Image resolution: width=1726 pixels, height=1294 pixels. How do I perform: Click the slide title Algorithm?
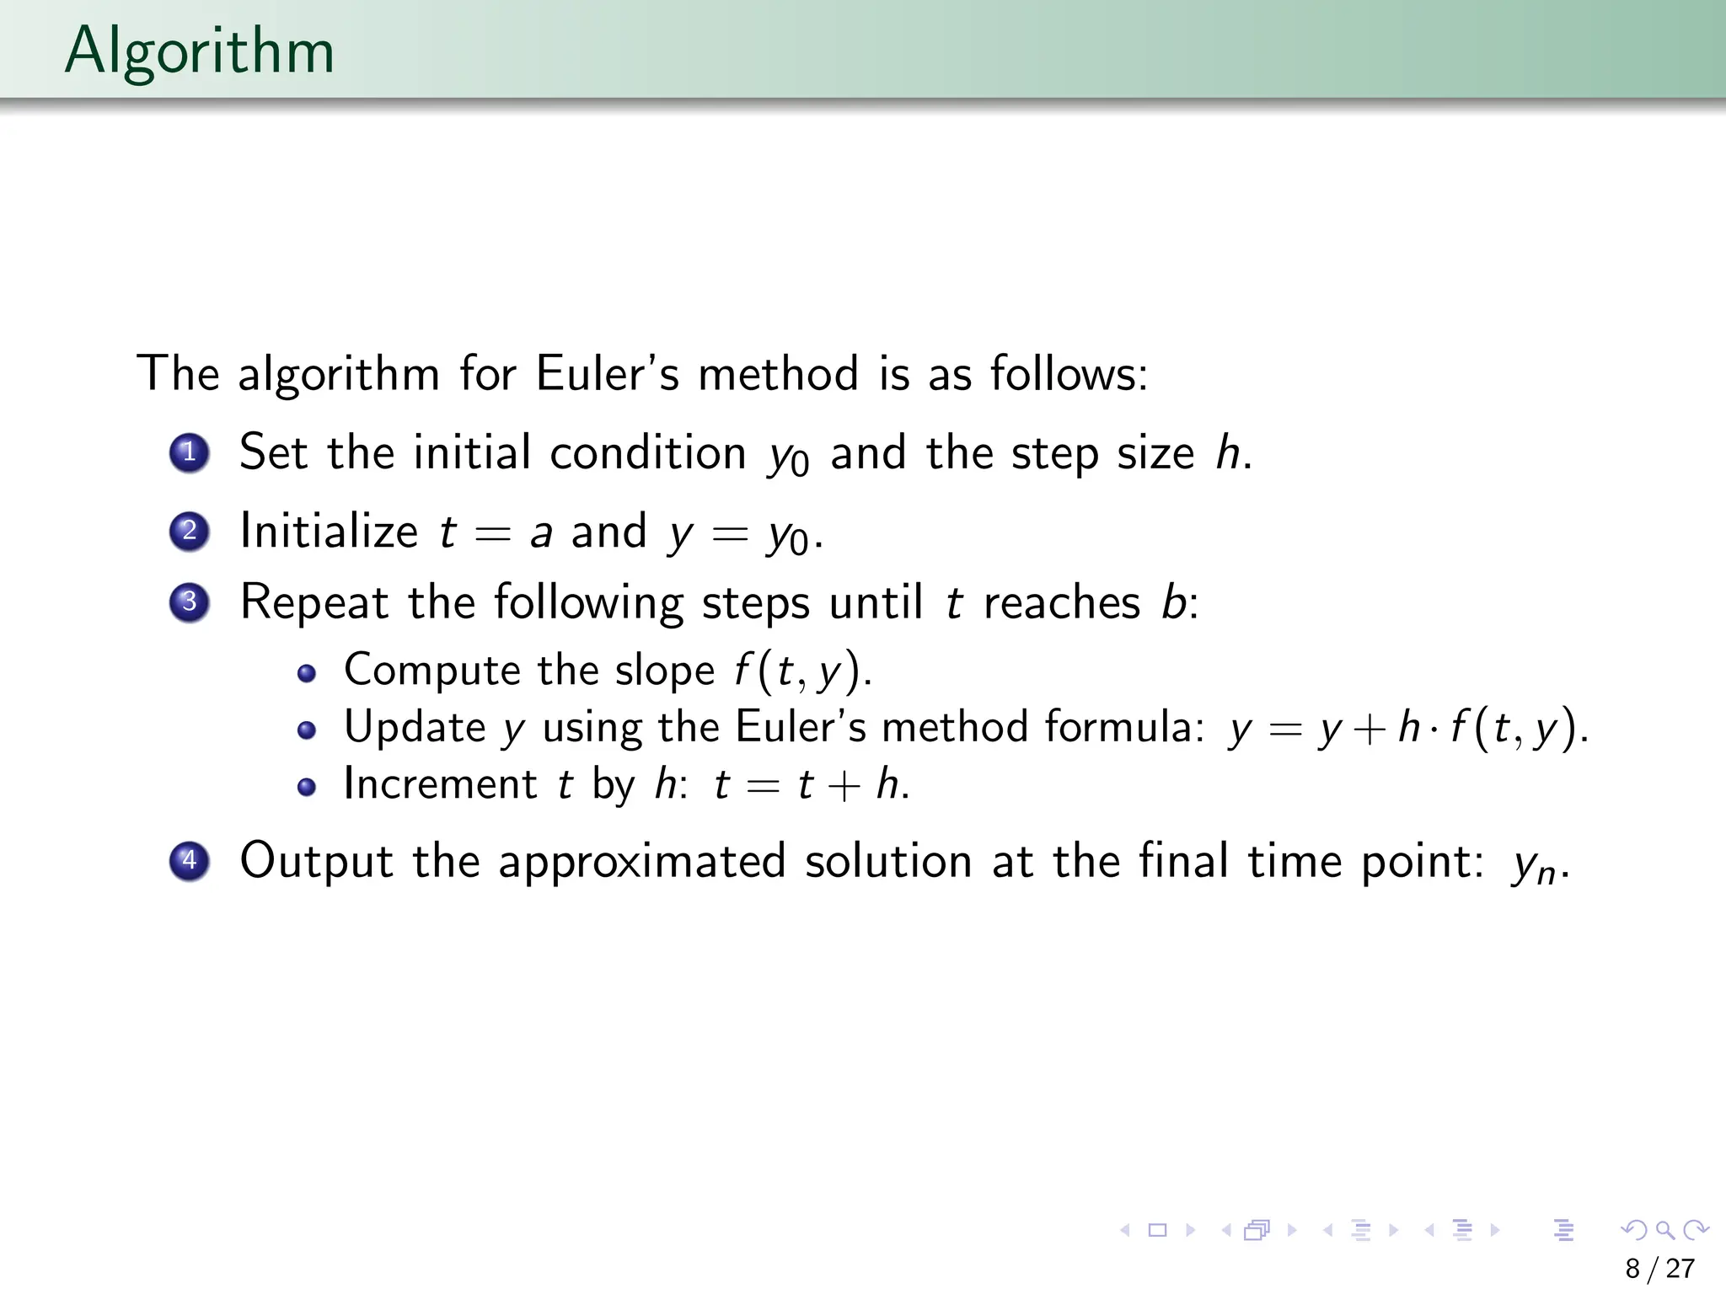point(200,51)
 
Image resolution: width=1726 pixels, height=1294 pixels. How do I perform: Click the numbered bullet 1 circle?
point(190,452)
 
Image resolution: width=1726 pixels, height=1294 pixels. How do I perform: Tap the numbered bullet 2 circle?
point(190,531)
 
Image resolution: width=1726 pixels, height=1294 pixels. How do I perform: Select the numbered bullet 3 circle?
point(190,602)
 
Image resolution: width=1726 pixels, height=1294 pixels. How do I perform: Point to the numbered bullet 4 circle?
point(190,861)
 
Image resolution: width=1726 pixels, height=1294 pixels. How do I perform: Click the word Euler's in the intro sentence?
point(607,373)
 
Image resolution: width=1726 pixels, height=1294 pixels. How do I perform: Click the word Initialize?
point(329,532)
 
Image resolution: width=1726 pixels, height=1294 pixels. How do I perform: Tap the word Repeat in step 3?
point(314,603)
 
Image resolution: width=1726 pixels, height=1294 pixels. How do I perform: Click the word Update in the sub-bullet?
point(415,727)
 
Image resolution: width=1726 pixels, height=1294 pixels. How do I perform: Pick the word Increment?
point(440,784)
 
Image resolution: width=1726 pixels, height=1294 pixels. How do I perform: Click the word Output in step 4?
point(316,861)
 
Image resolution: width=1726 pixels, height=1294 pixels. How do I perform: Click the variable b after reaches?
point(1174,602)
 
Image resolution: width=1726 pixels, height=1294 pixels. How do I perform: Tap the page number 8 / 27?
point(1659,1268)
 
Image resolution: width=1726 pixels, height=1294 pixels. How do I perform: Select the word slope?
point(665,671)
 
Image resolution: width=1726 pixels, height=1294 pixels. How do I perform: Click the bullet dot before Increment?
point(307,786)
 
